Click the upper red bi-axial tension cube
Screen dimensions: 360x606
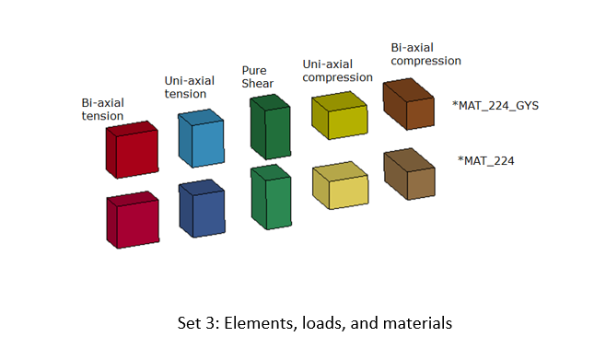(134, 149)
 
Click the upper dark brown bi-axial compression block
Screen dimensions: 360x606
(408, 103)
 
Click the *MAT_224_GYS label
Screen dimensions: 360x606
(495, 105)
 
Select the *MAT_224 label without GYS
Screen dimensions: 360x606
(485, 160)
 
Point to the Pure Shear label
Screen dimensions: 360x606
(257, 77)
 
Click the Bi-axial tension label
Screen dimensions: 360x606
(102, 109)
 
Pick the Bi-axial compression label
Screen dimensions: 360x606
(425, 53)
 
